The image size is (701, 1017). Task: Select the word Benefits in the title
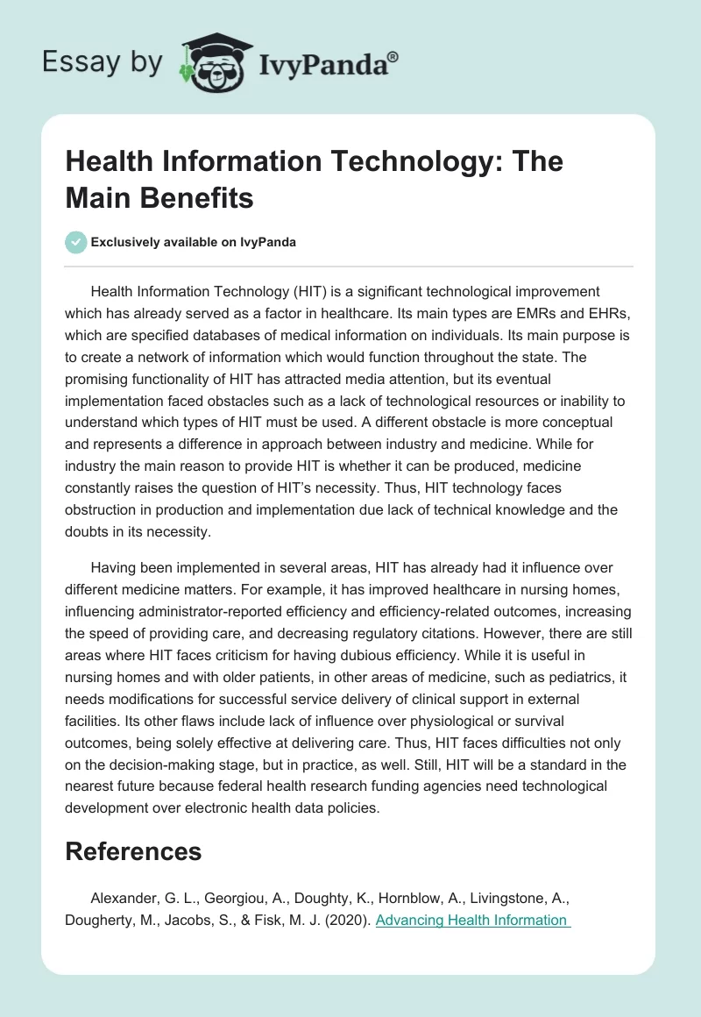point(195,198)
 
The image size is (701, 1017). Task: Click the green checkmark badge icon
point(76,242)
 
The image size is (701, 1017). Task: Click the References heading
point(133,851)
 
